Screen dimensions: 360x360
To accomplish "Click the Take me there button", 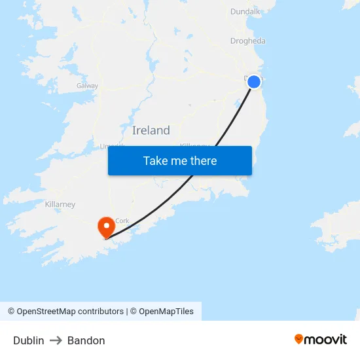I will tap(179, 160).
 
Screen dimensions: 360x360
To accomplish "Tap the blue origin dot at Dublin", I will tap(254, 82).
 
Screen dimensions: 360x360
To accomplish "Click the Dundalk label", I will tap(245, 11).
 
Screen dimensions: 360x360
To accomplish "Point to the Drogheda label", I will tap(248, 41).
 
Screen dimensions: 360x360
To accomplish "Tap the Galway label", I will tap(87, 86).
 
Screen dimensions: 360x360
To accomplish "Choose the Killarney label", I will tap(60, 204).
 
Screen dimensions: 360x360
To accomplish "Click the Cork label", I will tap(122, 221).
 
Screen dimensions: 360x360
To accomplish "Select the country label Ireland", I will tap(151, 130).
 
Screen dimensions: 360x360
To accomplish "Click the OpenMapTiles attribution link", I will tap(166, 312).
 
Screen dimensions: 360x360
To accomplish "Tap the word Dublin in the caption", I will tap(29, 340).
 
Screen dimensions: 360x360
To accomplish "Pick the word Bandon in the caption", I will tap(86, 340).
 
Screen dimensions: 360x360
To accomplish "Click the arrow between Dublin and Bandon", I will tap(56, 340).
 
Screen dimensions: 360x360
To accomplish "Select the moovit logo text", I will tap(326, 339).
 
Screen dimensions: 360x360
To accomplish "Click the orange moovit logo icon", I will tap(299, 339).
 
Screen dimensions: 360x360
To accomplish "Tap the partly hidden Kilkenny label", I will tap(194, 145).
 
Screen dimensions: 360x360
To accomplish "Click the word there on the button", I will tap(202, 160).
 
